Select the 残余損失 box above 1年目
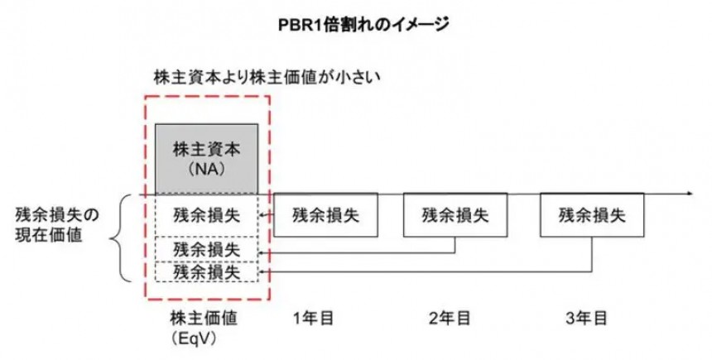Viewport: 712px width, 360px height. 325,215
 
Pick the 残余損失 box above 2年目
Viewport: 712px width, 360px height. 455,215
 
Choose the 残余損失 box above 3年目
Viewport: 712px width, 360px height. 592,215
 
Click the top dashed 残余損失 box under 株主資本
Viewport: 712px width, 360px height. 207,215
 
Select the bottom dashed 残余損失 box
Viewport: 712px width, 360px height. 207,271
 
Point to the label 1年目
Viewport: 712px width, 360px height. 313,318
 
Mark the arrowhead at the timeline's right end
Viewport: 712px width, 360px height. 688,194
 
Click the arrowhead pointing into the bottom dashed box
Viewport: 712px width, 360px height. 263,271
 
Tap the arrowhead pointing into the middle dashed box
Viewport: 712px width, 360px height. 263,251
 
